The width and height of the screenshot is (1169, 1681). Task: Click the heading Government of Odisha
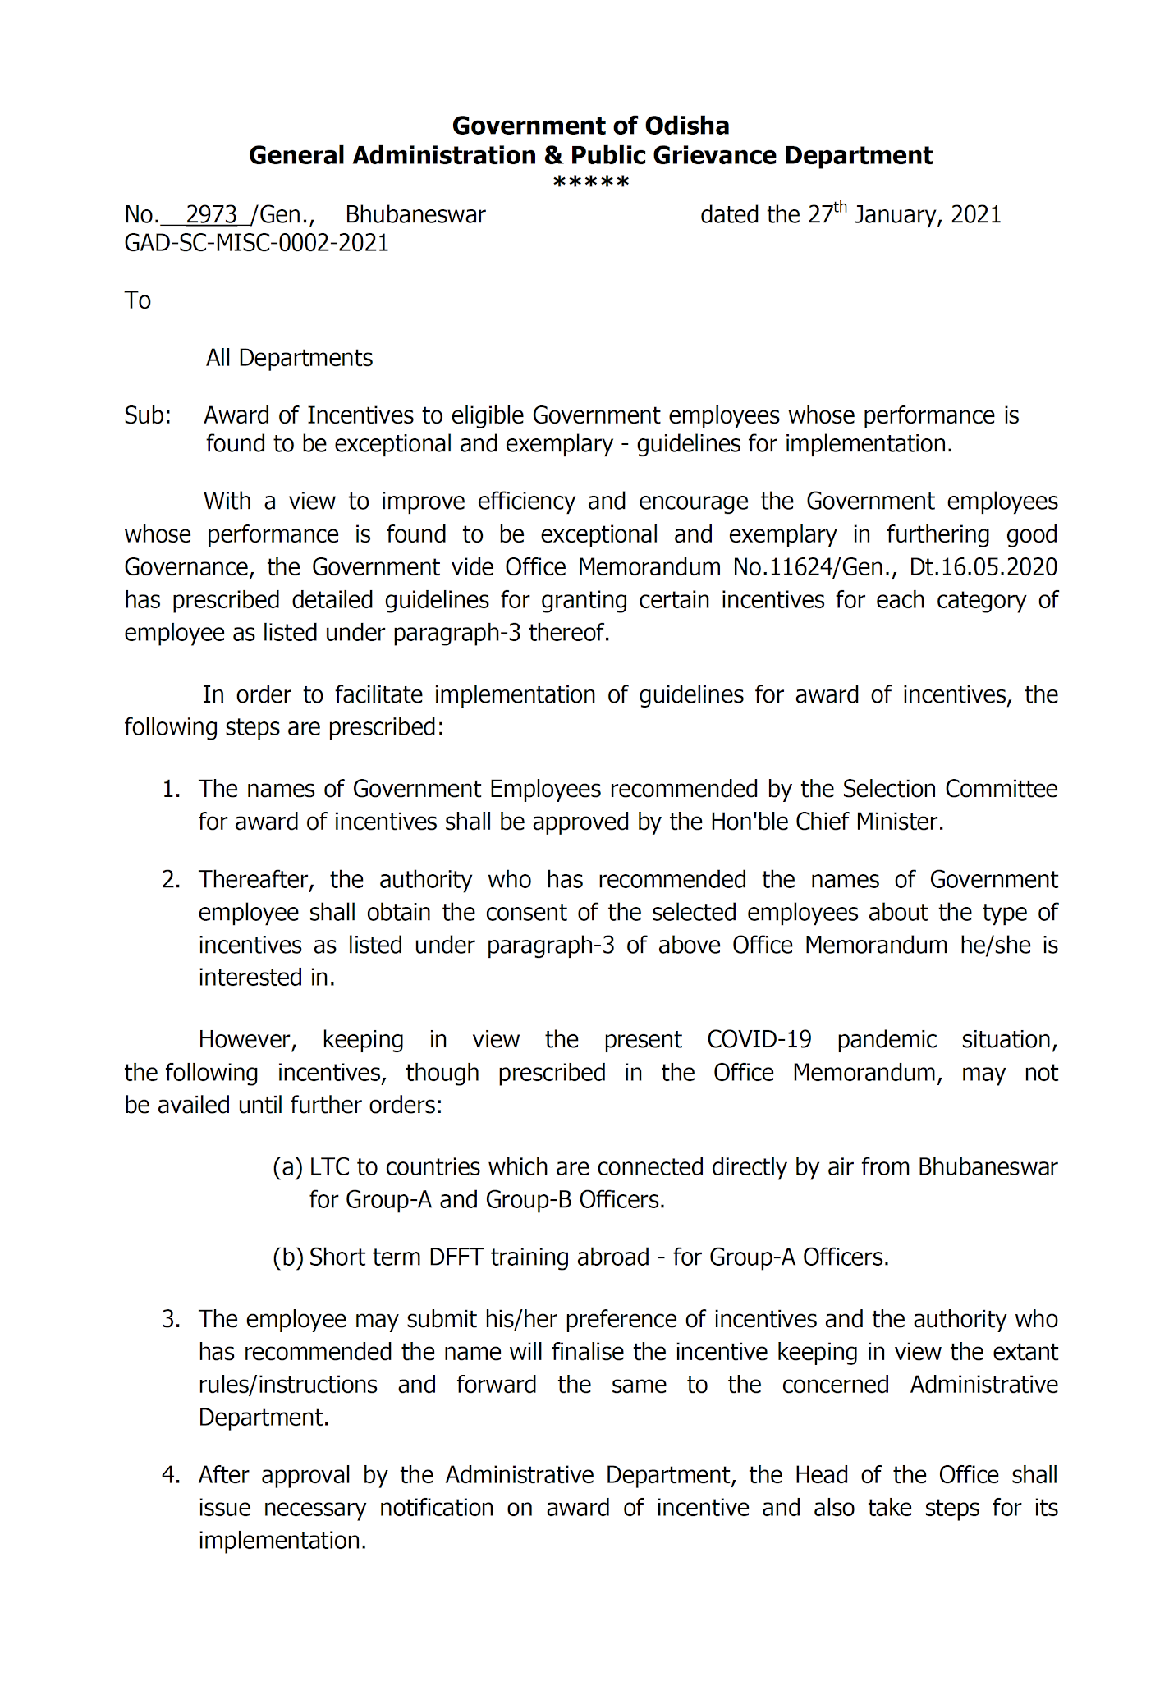coord(590,126)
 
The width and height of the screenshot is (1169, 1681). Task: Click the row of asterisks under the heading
coord(590,182)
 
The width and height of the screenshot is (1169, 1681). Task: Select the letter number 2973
coord(211,215)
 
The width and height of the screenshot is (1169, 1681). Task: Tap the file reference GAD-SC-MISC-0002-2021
coord(256,243)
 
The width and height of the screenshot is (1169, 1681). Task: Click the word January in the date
coord(897,215)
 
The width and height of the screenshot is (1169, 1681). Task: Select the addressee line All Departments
coord(289,358)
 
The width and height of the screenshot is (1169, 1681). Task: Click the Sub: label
coord(148,415)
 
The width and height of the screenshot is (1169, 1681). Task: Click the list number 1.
coord(170,790)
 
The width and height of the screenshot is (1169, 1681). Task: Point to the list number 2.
coord(170,880)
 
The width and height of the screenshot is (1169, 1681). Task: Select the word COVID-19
coord(759,1040)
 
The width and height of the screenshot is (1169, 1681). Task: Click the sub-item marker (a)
coord(287,1167)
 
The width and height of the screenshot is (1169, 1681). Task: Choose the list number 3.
coord(170,1319)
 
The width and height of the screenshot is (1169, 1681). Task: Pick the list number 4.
coord(170,1475)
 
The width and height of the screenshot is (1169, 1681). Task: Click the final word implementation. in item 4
coord(282,1541)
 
